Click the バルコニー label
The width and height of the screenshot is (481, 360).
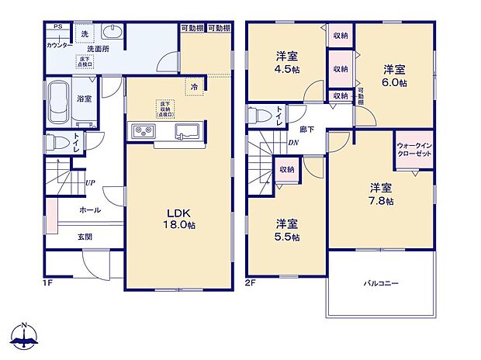[380, 283]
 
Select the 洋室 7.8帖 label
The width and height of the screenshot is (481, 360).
[380, 194]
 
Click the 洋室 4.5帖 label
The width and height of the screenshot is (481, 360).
[287, 61]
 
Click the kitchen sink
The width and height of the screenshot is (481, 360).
[187, 130]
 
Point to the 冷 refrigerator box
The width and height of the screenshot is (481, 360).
[195, 87]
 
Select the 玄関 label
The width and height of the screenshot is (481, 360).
[85, 236]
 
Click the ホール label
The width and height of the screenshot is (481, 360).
[89, 210]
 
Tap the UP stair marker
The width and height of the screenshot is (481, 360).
[91, 183]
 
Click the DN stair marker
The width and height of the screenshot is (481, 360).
[293, 143]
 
